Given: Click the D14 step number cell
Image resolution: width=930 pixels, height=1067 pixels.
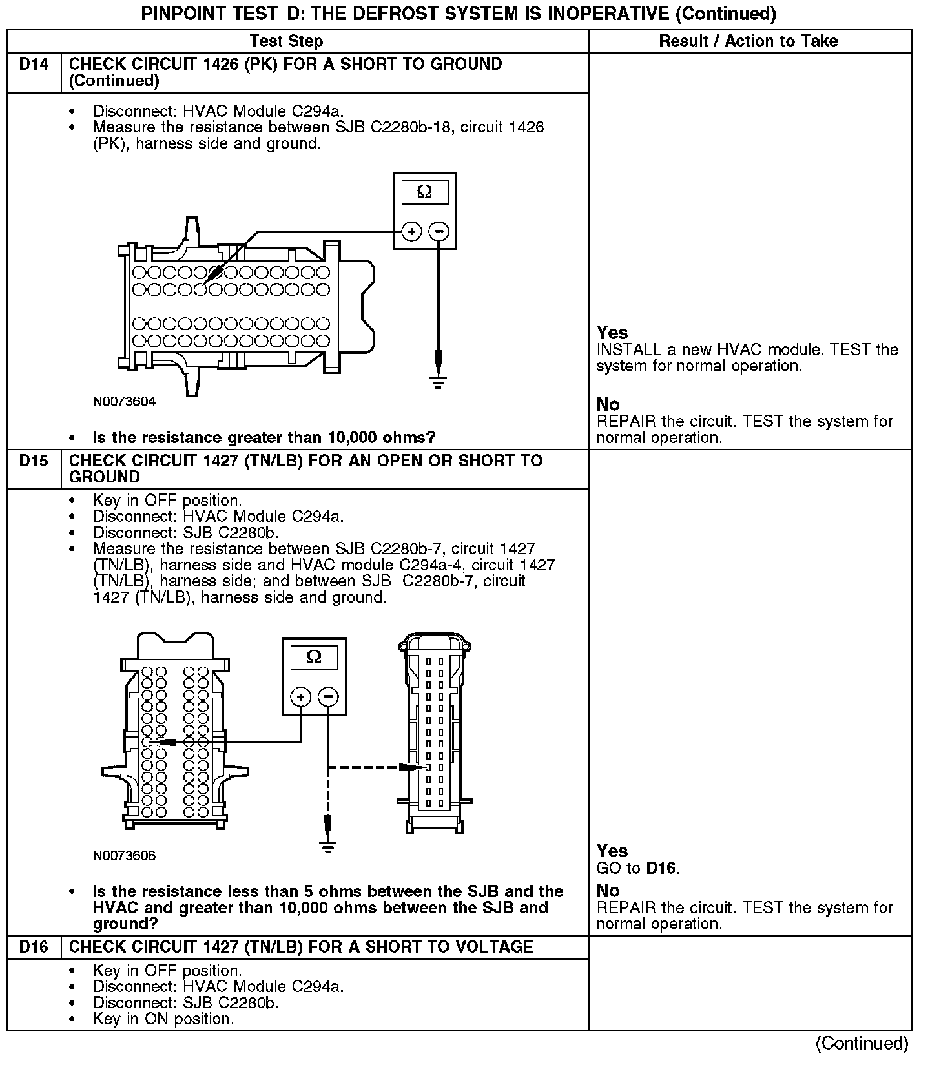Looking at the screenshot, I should coord(34,65).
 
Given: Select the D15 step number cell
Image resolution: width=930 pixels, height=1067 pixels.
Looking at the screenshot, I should coord(34,461).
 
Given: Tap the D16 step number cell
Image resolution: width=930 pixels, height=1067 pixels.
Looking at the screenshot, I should coord(34,947).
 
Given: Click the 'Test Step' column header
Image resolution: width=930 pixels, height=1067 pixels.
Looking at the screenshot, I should coord(286,41).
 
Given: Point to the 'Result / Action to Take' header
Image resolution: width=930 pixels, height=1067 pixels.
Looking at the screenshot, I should coord(749,41).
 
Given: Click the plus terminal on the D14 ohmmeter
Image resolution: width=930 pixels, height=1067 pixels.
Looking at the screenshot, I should coord(411,231).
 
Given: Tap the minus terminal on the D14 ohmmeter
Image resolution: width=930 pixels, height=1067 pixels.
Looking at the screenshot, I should coord(439,231).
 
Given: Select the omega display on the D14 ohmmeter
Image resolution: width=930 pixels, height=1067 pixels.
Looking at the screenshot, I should coord(424,192).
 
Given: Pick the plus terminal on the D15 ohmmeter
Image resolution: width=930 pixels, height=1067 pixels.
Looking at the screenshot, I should coord(300,697).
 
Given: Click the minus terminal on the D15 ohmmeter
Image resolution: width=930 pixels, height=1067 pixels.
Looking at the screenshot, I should coord(328,697).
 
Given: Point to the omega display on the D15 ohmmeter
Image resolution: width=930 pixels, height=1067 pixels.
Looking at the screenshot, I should coord(314,658).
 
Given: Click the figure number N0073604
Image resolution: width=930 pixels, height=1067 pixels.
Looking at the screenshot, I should coord(124,402).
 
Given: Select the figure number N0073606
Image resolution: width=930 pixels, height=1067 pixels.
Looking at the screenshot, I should coord(124,856).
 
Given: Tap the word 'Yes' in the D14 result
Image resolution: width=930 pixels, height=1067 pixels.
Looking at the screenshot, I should coord(612,333).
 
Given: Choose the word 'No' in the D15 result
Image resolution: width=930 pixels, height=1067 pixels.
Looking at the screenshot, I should coord(608,891).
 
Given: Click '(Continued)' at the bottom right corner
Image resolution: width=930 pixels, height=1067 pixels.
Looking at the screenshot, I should coord(862,1043).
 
